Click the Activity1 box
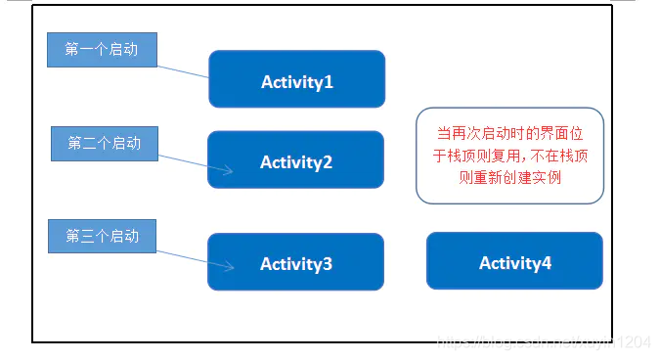click(296, 79)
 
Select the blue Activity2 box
click(295, 159)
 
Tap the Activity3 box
click(295, 261)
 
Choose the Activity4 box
click(514, 260)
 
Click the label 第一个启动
click(102, 50)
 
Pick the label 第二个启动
click(104, 144)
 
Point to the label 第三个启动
click(102, 237)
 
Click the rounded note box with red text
click(509, 156)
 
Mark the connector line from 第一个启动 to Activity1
click(183, 71)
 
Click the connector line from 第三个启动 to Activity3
click(184, 255)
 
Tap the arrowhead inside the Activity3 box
click(228, 264)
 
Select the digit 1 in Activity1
click(329, 82)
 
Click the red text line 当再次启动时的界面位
click(509, 133)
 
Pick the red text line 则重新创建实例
click(509, 178)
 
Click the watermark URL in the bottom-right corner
click(543, 342)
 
